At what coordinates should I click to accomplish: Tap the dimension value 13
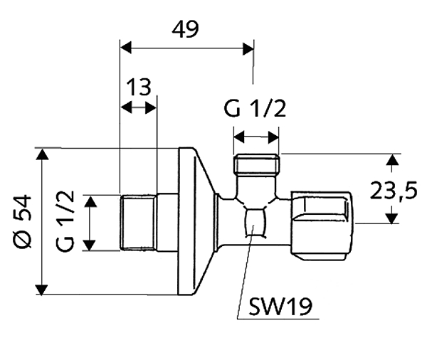(139, 88)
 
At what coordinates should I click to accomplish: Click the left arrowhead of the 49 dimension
(125, 48)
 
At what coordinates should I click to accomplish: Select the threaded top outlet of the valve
(256, 166)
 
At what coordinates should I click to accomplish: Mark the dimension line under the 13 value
(139, 107)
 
